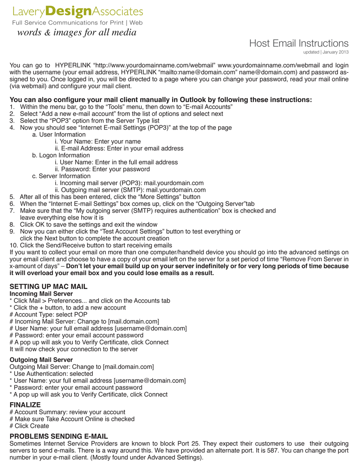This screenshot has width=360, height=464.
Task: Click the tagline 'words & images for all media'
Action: point(77,32)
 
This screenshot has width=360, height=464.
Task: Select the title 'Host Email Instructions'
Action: point(298,43)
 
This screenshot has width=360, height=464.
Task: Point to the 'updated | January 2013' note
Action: point(326,52)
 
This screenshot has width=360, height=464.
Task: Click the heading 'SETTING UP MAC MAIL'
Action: point(48,286)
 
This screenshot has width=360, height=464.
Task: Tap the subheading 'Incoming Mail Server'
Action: point(41,294)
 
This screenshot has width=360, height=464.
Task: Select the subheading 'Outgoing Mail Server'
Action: point(41,360)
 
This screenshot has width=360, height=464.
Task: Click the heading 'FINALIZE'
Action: point(25,405)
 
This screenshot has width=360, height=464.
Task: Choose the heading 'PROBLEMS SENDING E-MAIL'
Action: point(58,436)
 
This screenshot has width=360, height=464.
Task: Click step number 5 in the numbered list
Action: point(12,197)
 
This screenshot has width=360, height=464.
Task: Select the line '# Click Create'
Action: point(29,426)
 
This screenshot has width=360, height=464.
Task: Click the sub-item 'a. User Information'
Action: point(59,135)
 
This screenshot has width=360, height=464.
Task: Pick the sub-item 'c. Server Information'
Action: point(61,176)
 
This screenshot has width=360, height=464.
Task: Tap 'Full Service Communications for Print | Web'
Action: point(77,22)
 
